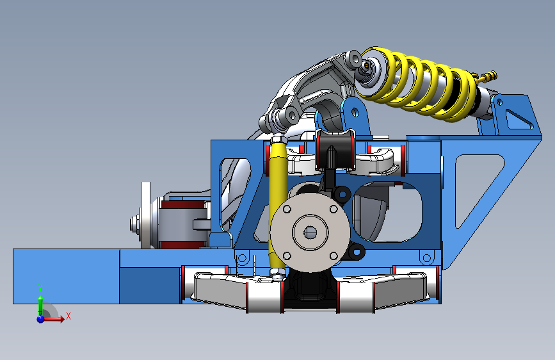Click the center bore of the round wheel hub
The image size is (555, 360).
click(x=310, y=233)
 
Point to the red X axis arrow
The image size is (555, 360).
click(x=53, y=319)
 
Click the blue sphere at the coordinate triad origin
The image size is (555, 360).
click(x=40, y=319)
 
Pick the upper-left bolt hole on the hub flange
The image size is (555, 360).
click(x=287, y=209)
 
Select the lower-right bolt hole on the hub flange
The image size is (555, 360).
click(x=334, y=256)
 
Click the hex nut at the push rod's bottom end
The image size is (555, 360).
click(x=278, y=272)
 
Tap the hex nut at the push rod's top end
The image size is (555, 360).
click(x=278, y=139)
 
